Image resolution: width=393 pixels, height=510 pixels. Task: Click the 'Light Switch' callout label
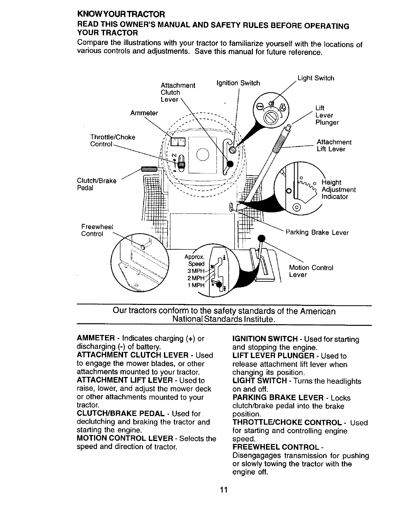click(316, 78)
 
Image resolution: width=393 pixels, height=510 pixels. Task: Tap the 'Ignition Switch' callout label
click(238, 83)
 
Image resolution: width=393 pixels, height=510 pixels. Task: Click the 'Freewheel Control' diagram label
click(97, 230)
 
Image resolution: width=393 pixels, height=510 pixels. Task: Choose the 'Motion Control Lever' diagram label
click(311, 271)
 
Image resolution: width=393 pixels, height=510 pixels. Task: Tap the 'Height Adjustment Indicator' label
click(338, 190)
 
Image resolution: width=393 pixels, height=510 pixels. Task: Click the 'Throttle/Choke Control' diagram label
click(113, 141)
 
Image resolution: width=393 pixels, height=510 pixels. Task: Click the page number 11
click(224, 490)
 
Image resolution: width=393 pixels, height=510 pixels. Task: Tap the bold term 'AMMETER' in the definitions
click(96, 339)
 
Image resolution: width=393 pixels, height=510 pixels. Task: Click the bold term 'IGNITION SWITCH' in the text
click(265, 339)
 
